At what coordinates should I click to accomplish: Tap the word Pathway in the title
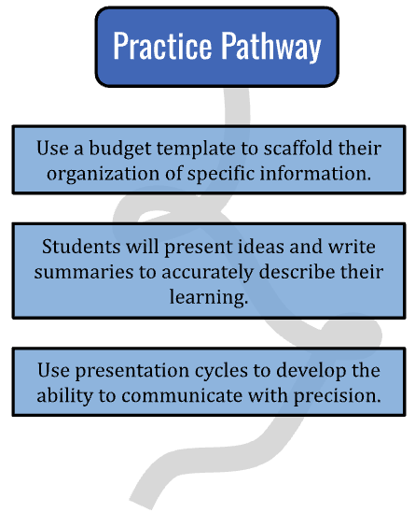tap(271, 47)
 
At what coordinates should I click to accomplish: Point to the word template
tap(196, 150)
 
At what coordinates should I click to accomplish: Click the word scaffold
tap(298, 148)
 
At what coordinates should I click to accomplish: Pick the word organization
tap(103, 174)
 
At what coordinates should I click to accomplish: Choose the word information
tap(316, 173)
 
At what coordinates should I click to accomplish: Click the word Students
tap(81, 247)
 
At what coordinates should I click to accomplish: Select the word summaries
tap(84, 272)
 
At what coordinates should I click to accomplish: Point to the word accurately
tap(208, 273)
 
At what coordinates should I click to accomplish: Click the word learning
tap(209, 298)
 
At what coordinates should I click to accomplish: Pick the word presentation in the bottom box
tap(132, 371)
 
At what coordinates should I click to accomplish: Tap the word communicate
tap(182, 396)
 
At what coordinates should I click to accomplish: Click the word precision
tap(338, 397)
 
